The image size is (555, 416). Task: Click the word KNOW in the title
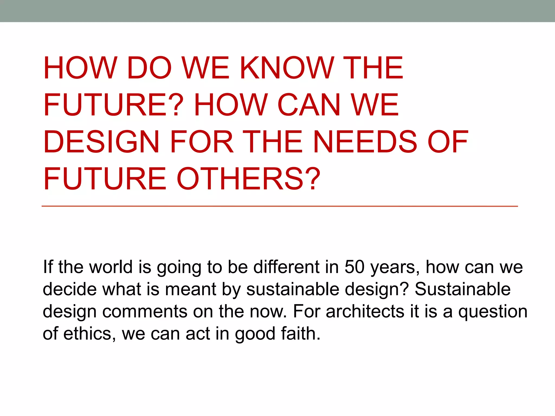click(287, 68)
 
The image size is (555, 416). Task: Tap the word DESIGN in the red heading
click(101, 142)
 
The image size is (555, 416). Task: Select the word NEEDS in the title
click(365, 142)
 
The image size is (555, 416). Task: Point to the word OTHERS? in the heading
click(249, 179)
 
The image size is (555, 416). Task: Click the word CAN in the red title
click(309, 105)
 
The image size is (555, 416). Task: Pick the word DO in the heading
click(149, 68)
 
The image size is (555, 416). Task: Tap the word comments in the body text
click(145, 311)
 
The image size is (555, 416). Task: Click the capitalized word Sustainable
click(463, 289)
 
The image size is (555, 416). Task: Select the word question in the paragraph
click(493, 311)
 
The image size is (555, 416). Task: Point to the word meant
click(191, 289)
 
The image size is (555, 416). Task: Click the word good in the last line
click(255, 334)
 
